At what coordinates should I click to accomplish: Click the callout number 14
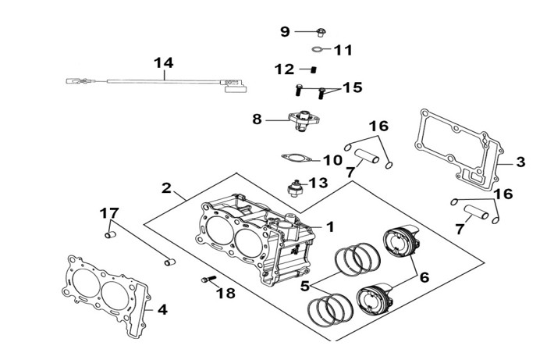click(164, 63)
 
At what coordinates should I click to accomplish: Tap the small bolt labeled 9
click(321, 32)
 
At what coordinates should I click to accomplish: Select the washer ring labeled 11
click(318, 48)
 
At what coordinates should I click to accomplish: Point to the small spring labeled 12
click(314, 70)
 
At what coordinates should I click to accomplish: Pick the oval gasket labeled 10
click(297, 158)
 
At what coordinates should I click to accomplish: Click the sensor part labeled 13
click(294, 188)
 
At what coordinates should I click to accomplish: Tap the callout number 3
click(520, 162)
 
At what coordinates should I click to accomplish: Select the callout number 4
click(162, 310)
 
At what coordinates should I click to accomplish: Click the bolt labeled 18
click(208, 280)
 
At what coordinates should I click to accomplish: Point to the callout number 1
click(330, 227)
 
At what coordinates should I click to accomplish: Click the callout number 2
click(166, 188)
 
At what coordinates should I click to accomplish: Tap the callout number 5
click(305, 286)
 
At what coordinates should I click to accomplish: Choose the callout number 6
click(424, 277)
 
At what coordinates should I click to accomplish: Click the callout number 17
click(109, 213)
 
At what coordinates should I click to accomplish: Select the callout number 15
click(353, 87)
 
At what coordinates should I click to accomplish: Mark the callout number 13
click(318, 183)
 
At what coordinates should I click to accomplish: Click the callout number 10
click(333, 160)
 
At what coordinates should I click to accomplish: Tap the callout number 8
click(257, 119)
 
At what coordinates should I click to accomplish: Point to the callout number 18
click(226, 293)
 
